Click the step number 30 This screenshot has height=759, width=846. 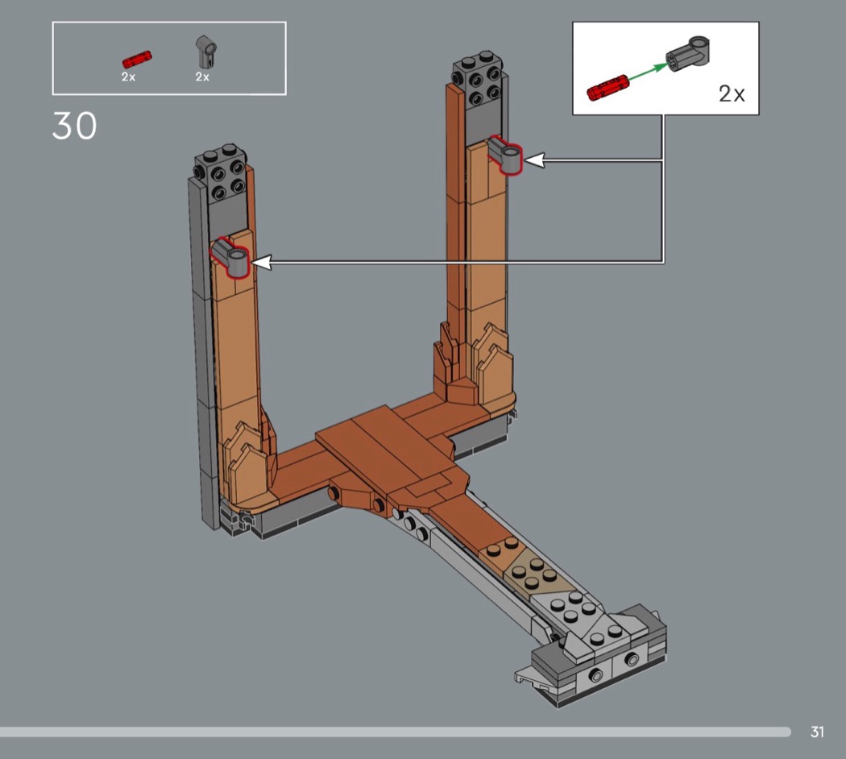click(x=74, y=126)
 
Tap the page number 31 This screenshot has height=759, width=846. click(x=817, y=732)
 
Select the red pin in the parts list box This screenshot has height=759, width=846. click(x=137, y=59)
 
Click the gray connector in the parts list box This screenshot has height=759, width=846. click(x=205, y=52)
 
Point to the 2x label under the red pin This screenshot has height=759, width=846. click(x=128, y=77)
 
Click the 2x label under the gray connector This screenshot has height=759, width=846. click(x=202, y=77)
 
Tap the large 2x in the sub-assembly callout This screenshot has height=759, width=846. click(x=732, y=93)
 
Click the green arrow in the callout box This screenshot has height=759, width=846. click(x=648, y=73)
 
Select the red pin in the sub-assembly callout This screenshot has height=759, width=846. click(x=608, y=87)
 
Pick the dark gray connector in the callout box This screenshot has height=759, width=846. click(x=688, y=53)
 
